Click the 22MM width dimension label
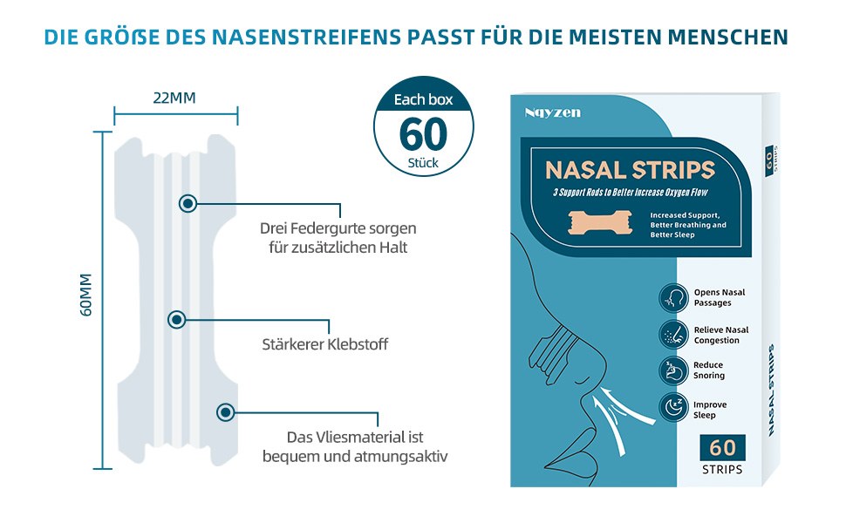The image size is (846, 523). (174, 97)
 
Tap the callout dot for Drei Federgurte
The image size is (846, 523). (188, 204)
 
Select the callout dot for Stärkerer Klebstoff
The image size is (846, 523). (177, 320)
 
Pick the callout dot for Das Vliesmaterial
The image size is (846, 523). (226, 412)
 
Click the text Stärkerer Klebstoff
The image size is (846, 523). (324, 344)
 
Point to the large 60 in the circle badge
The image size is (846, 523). (423, 133)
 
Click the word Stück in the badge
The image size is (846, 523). (423, 163)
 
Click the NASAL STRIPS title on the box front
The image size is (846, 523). (630, 169)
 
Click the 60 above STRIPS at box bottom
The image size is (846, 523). (722, 448)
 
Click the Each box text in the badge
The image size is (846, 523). (423, 99)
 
